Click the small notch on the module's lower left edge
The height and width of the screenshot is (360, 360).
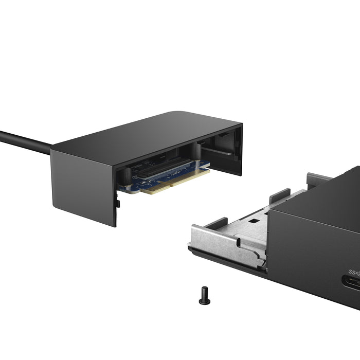tap(119, 204)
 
